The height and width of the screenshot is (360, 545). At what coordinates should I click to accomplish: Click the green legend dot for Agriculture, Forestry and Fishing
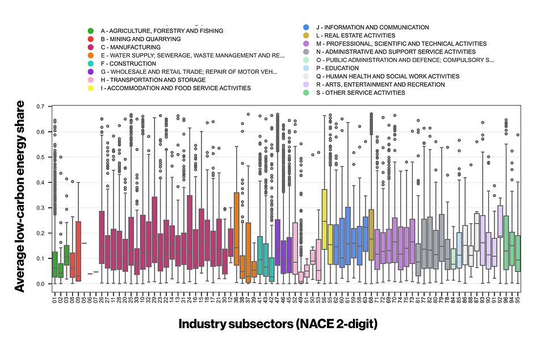91,31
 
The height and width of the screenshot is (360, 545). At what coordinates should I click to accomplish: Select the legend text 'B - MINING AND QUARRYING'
140,39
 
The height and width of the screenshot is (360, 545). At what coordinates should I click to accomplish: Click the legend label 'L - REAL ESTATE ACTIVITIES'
363,35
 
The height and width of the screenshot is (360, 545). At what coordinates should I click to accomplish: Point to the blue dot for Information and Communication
306,27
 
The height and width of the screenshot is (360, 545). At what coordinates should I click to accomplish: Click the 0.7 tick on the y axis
40,107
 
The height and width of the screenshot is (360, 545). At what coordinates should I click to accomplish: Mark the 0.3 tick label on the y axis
40,208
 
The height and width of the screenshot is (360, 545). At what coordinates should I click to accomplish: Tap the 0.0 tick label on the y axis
40,284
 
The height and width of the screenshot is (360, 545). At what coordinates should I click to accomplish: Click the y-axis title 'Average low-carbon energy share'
20,196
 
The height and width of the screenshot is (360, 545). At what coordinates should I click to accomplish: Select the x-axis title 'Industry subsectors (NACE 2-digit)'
278,324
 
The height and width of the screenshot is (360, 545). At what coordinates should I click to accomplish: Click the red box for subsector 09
79,250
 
